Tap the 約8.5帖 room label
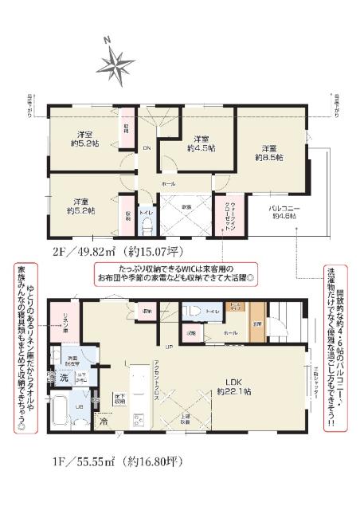[268, 152]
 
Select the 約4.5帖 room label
[198, 142]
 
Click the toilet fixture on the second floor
[145, 224]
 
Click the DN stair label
[147, 148]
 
